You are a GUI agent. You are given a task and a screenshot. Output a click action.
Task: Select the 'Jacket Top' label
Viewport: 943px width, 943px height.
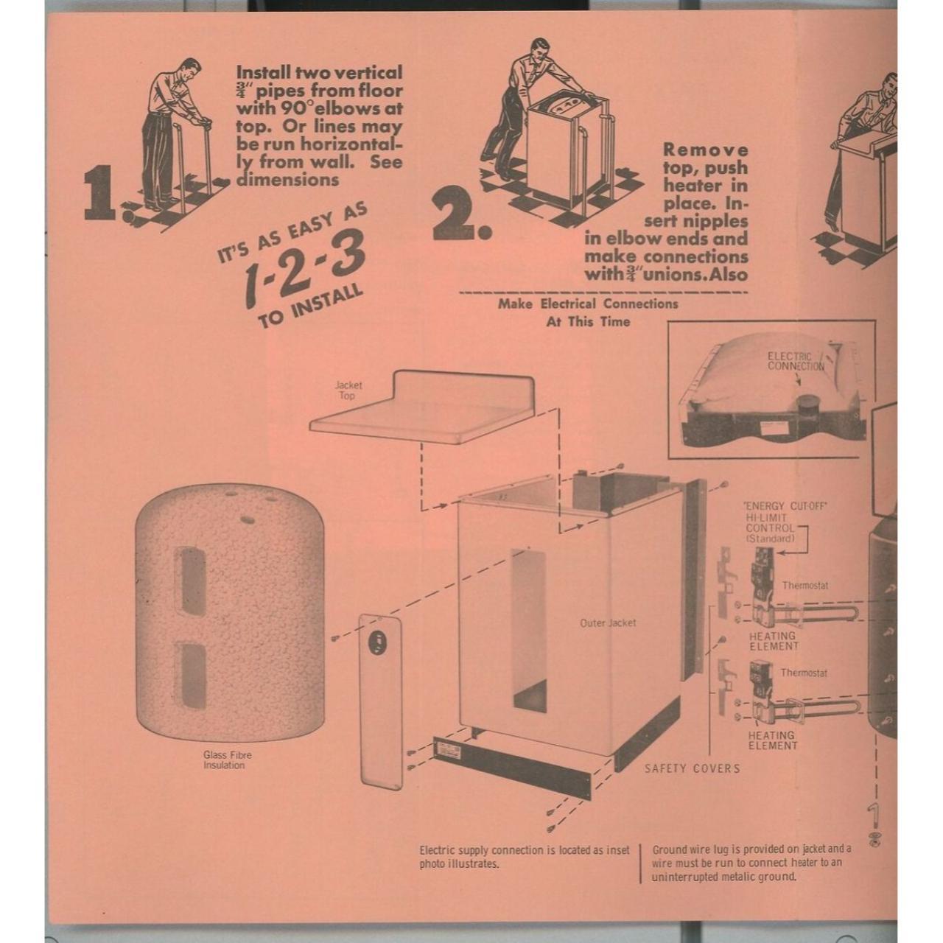[348, 390]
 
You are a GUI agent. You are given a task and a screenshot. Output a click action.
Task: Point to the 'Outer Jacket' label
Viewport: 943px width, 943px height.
[608, 623]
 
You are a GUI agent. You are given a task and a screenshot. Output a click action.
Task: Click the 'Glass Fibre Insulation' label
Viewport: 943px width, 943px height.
[227, 760]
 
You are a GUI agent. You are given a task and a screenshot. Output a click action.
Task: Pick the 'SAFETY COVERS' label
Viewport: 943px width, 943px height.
[692, 768]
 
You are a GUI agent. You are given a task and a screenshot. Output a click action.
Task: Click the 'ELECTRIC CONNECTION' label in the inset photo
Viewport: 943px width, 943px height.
[795, 361]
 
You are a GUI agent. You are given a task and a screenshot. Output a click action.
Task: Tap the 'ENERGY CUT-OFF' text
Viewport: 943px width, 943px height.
[786, 506]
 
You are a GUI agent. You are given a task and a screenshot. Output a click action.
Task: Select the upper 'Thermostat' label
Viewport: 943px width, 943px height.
[804, 586]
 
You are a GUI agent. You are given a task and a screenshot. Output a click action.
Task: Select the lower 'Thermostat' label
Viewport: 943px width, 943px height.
[803, 673]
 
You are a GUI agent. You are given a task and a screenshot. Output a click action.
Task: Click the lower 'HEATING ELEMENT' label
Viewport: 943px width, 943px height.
[773, 740]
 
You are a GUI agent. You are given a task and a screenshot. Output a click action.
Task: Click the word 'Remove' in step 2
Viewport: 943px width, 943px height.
[705, 150]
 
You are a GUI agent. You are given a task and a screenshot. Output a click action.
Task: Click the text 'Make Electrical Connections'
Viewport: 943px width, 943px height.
[587, 304]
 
